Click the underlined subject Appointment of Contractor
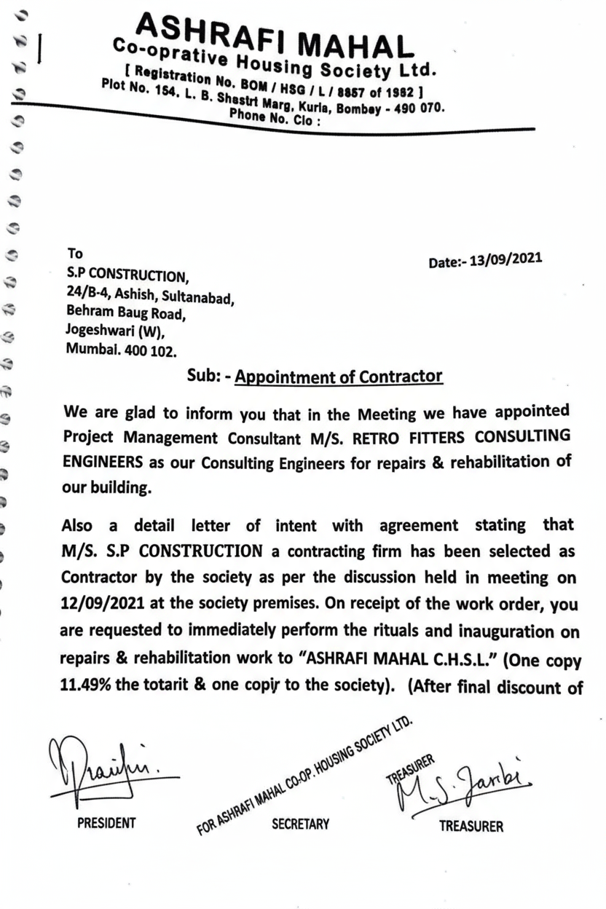[339, 377]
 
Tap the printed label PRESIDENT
[106, 823]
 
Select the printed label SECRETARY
[300, 824]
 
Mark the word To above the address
[75, 253]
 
